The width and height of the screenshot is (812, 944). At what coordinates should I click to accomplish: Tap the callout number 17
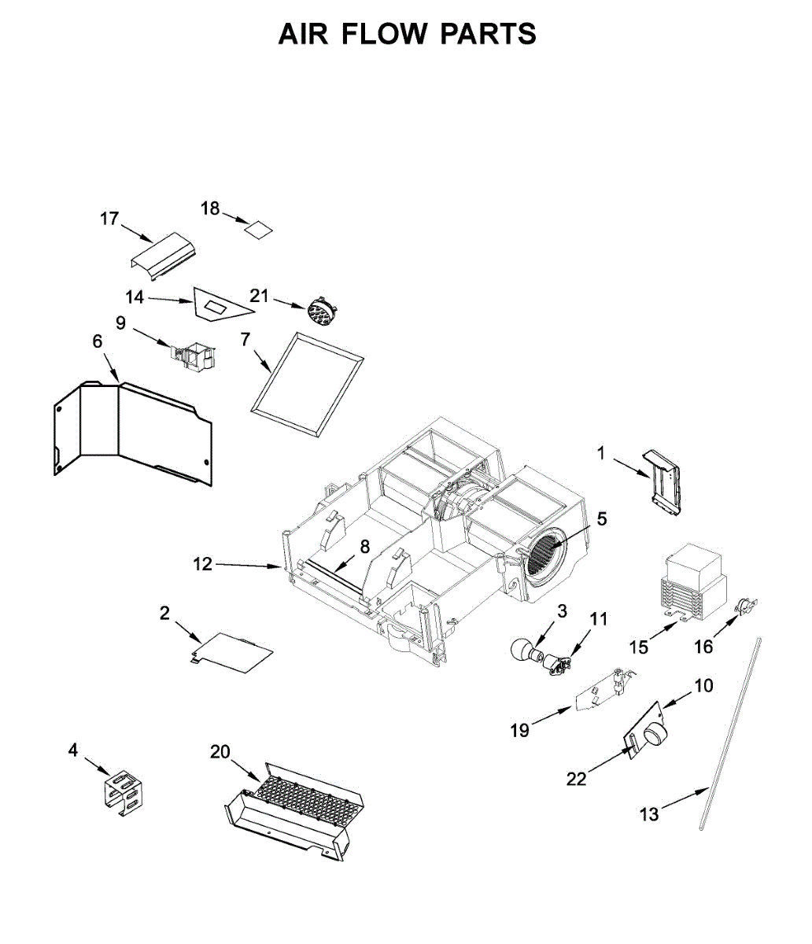tap(109, 218)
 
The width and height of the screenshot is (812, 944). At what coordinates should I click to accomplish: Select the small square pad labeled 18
tap(258, 229)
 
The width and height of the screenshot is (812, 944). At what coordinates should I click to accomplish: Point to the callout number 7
tap(245, 340)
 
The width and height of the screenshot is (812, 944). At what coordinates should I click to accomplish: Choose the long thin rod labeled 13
tap(730, 732)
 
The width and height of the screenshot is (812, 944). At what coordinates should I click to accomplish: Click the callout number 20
tap(220, 752)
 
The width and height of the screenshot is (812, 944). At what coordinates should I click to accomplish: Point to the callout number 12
tap(203, 564)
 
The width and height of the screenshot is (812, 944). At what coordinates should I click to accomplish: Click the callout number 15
tap(639, 647)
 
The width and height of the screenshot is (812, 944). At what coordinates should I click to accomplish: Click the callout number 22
tap(577, 779)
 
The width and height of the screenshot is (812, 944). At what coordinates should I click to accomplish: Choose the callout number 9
tap(120, 323)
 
